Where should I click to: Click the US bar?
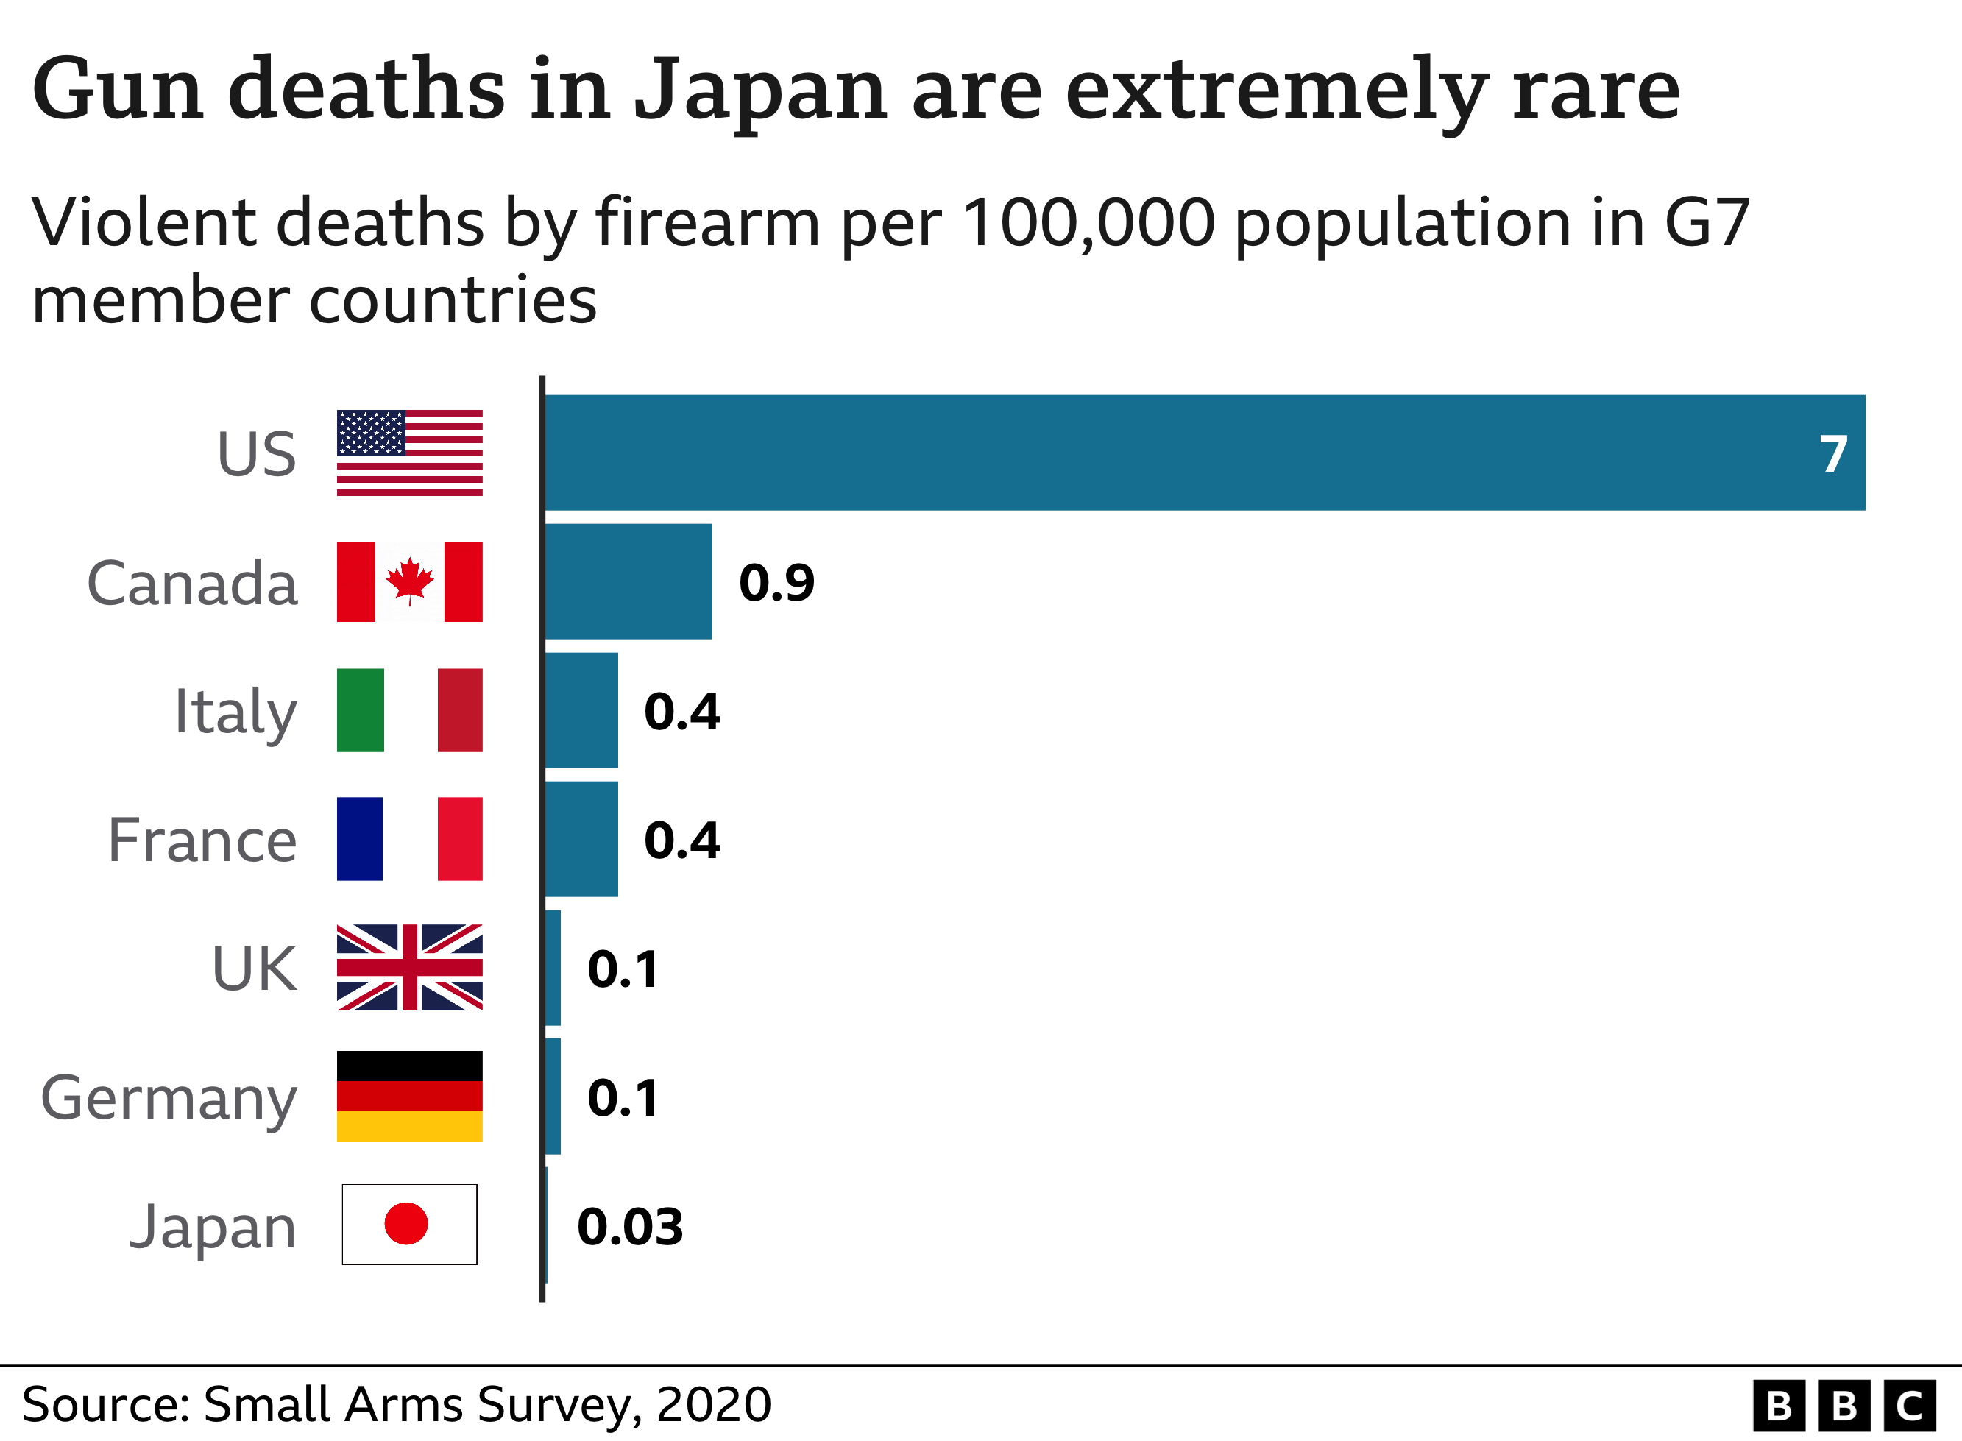pos(1203,453)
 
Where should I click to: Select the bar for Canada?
pos(628,582)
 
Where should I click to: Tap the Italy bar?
pos(581,710)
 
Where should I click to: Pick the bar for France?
pos(581,839)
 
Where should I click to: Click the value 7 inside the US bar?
pos(1833,455)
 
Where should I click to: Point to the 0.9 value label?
pos(776,583)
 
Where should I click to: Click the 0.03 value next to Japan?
pos(629,1228)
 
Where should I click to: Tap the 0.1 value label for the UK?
pos(623,969)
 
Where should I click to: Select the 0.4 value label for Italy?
pos(681,712)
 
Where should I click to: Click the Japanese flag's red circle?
pos(406,1224)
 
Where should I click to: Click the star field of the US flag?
pos(371,433)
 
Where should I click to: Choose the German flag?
pos(410,1097)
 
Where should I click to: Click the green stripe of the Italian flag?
pos(360,710)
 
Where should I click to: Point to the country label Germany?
pos(169,1099)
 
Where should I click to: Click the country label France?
pos(202,841)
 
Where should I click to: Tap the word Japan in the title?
pos(759,91)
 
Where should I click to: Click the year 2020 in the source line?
pos(713,1404)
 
